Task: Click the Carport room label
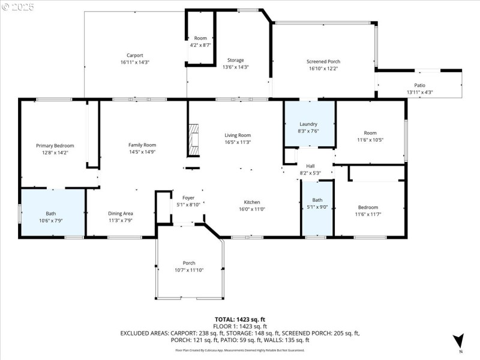134,55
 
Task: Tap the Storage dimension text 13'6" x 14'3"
235,67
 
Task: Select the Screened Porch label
323,61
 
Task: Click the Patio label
419,85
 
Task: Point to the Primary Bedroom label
55,146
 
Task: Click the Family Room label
142,145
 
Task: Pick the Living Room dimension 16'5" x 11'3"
238,142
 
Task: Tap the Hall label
310,166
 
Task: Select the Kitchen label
251,202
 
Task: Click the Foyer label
188,197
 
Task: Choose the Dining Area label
120,214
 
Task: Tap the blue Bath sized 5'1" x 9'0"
317,204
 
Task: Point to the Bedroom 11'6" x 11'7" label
368,207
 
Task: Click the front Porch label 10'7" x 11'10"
189,263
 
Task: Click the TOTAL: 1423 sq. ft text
239,320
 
